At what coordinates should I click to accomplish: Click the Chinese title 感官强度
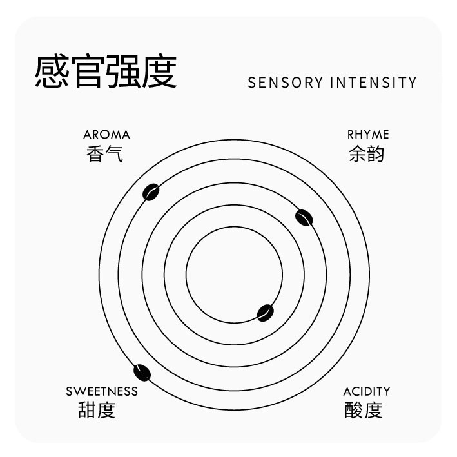pos(106,72)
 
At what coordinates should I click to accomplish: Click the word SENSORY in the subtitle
pos(286,83)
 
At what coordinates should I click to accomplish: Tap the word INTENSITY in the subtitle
pos(373,83)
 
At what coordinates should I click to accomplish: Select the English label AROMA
pos(106,135)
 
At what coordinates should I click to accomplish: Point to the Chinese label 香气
pos(104,153)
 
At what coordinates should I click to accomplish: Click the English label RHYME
pos(368,135)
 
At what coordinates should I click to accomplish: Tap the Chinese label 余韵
pos(366,153)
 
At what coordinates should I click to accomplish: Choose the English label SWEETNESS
pos(102,391)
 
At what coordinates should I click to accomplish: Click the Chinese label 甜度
pos(97,410)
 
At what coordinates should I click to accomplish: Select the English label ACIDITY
pos(367,391)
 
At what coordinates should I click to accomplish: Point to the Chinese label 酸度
pos(364,410)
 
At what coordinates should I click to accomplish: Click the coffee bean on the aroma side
pos(151,192)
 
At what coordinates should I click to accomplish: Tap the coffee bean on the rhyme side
pos(304,218)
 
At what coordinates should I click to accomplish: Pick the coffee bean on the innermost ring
pos(265,313)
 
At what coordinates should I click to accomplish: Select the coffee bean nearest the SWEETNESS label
pos(142,373)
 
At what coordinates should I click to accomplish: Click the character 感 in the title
pos(52,72)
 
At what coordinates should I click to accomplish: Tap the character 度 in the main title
pos(160,72)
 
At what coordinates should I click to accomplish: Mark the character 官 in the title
pos(88,72)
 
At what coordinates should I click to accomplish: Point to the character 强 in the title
pos(124,72)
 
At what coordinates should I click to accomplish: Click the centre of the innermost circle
pos(234,275)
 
